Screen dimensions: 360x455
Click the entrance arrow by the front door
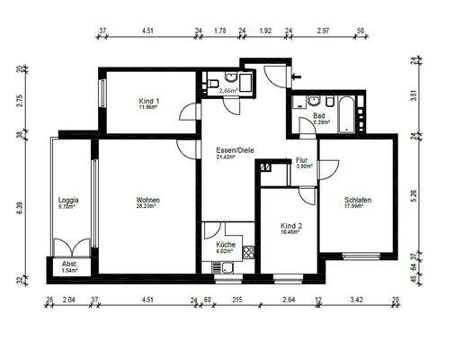(x=297, y=77)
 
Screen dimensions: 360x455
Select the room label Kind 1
(x=148, y=102)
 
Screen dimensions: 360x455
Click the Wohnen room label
(x=147, y=199)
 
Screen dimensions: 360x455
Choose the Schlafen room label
(x=357, y=200)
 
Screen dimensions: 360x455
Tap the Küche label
(x=225, y=245)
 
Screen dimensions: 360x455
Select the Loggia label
(x=69, y=199)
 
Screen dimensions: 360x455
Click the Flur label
(x=302, y=160)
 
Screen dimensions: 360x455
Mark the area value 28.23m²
(x=147, y=206)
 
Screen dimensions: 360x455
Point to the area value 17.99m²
(x=357, y=207)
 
